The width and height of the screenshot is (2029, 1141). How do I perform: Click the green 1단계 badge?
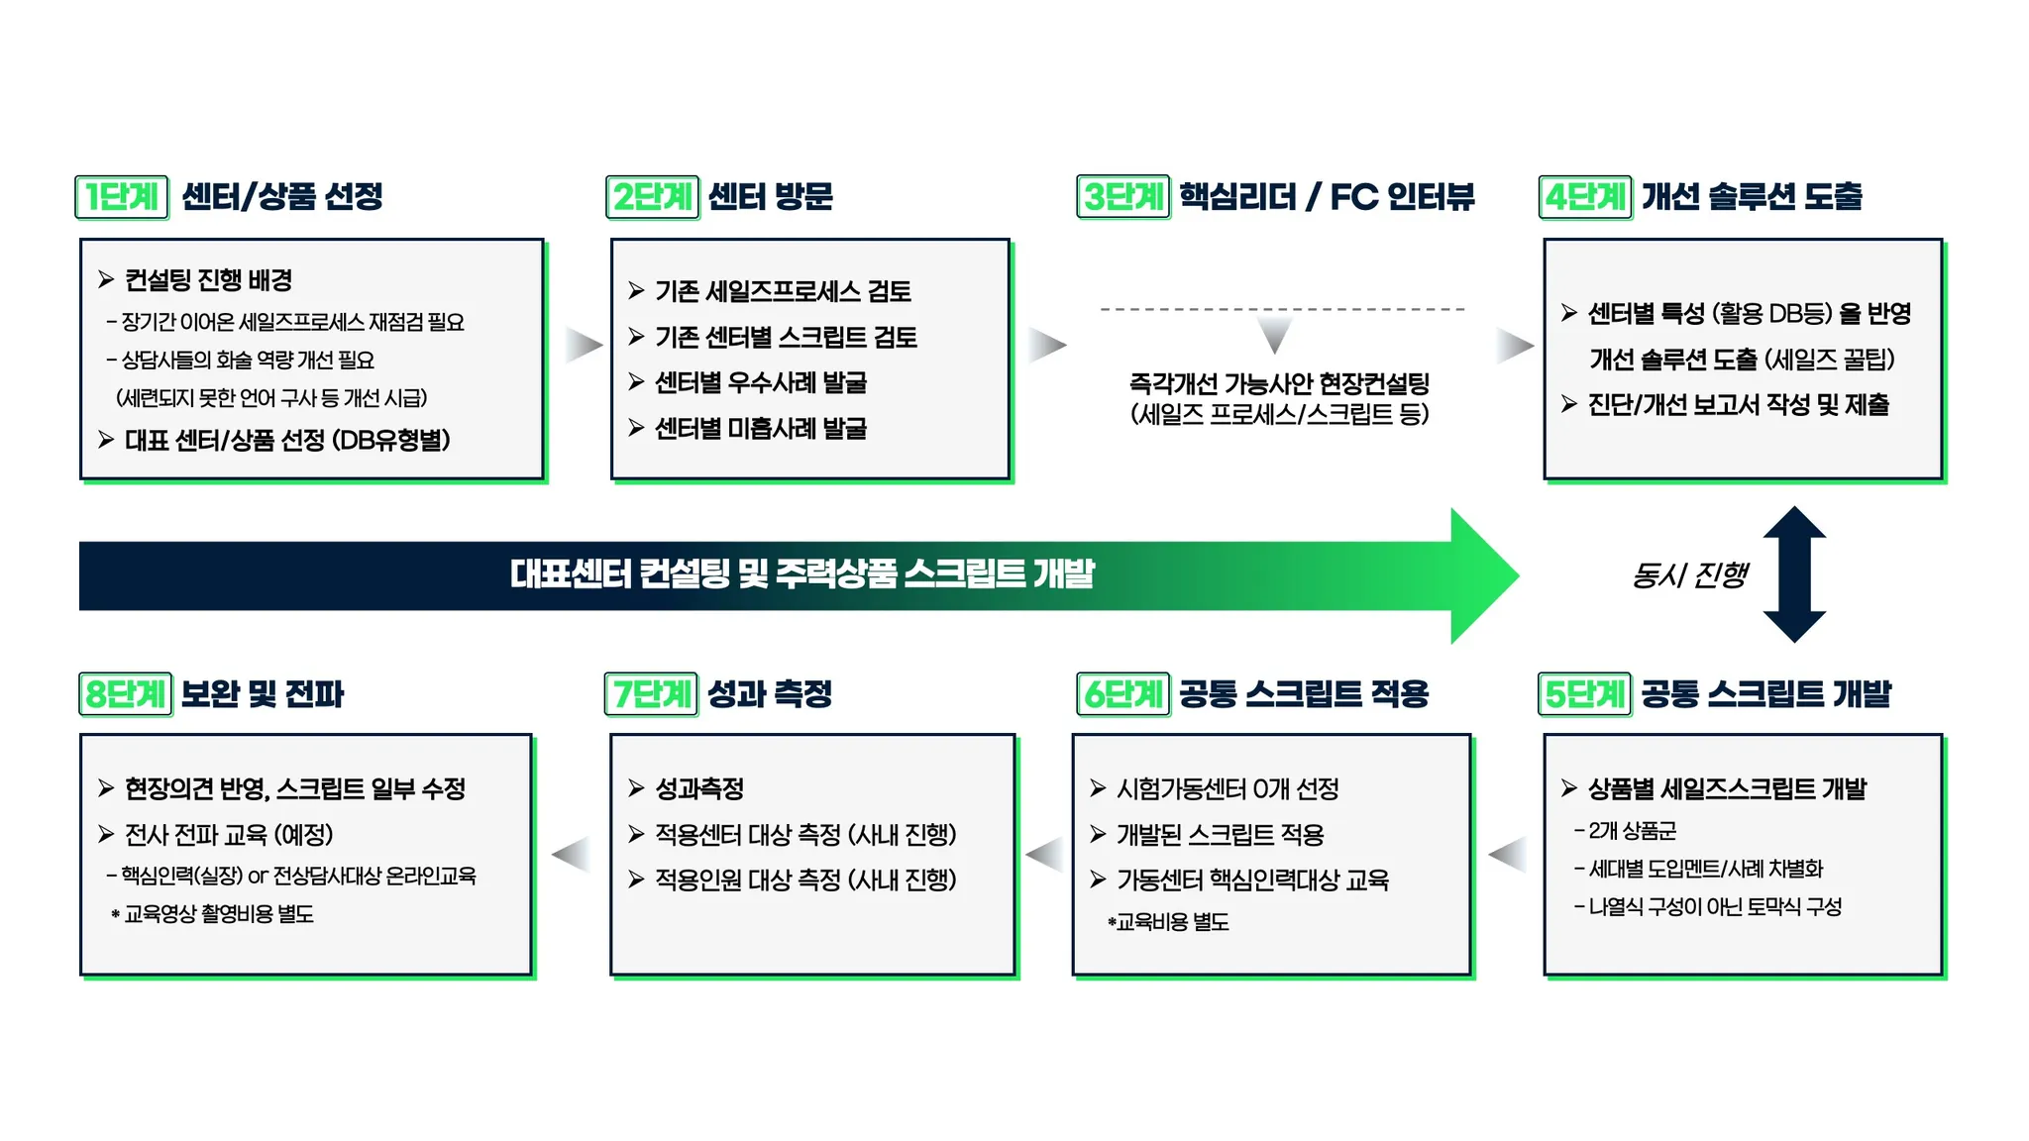tap(122, 196)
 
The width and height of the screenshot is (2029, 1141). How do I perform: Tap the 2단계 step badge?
tap(652, 196)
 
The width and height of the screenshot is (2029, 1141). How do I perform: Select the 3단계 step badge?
tap(1123, 196)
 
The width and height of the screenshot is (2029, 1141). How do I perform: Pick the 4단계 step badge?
tap(1585, 196)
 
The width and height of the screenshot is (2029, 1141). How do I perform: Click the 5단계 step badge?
tap(1585, 693)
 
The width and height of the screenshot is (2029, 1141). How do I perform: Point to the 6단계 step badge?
tap(1123, 693)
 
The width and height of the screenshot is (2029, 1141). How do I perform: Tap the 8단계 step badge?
tap(125, 693)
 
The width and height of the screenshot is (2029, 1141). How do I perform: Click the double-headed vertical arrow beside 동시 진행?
tap(1794, 574)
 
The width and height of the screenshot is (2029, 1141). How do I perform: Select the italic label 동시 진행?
tap(1690, 574)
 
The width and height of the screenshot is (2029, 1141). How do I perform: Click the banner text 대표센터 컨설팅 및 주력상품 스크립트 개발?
tap(802, 573)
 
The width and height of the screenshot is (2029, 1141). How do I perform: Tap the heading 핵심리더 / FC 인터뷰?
tap(1327, 196)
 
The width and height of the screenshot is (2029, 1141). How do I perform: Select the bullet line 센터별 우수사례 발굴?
tap(760, 382)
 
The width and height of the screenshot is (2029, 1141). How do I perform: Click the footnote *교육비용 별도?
tap(1169, 922)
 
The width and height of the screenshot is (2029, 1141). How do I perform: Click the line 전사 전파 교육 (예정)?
tap(228, 834)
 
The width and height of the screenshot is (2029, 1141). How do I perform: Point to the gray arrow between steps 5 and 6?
tap(1508, 854)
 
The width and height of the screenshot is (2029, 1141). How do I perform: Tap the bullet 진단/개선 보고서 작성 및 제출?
tap(1738, 404)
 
